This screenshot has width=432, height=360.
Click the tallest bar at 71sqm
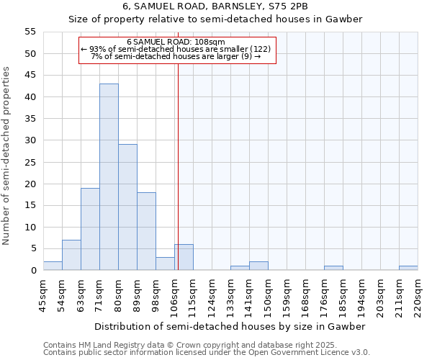(x=109, y=177)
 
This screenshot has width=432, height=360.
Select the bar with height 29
(x=127, y=207)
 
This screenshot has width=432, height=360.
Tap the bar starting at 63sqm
(x=90, y=229)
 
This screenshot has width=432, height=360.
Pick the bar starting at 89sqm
(x=146, y=231)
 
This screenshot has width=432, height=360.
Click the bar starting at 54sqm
(x=71, y=255)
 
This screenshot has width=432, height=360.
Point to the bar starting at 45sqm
(x=53, y=266)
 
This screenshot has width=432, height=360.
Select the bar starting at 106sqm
(x=184, y=257)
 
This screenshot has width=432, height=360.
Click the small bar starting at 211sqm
(x=408, y=268)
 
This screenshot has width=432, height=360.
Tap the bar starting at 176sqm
(x=333, y=268)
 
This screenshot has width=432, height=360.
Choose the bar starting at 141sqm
(x=258, y=266)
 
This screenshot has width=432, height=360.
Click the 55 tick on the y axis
(x=30, y=32)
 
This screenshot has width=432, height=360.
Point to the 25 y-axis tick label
(x=30, y=162)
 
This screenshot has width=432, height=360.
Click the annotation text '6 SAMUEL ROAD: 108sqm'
(x=176, y=42)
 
